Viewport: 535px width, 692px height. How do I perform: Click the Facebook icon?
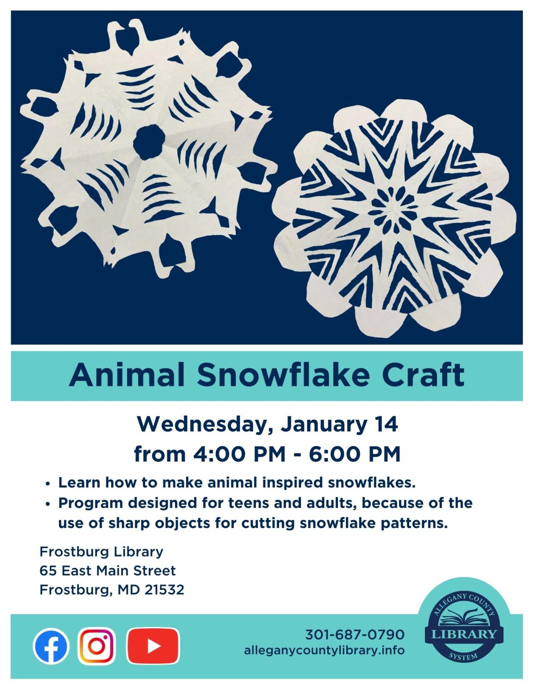click(51, 646)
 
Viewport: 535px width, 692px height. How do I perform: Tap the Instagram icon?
click(96, 646)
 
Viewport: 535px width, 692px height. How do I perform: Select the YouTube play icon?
click(153, 646)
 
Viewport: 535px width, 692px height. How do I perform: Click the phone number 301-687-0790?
click(355, 634)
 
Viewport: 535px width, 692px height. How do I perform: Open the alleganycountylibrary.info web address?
click(324, 650)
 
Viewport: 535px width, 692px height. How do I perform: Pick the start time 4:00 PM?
click(239, 454)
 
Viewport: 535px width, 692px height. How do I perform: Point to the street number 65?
click(48, 571)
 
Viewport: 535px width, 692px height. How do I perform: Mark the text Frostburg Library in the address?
click(101, 552)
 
